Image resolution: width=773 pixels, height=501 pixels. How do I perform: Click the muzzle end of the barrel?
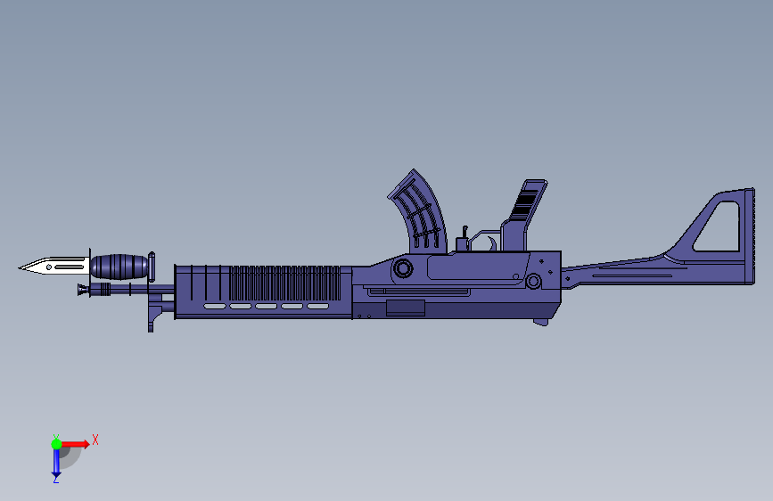pos(81,290)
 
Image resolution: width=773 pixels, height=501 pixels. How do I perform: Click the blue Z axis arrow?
pos(56,462)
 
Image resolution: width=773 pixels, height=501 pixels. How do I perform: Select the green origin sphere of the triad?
pos(56,444)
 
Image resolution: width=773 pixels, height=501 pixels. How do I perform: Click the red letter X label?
pos(95,439)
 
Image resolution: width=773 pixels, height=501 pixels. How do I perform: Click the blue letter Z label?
pos(55,480)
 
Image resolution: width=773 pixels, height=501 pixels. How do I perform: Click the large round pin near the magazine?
pos(404,267)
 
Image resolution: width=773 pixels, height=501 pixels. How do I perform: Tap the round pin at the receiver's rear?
pos(533,282)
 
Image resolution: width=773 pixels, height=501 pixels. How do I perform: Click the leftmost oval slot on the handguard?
pos(215,307)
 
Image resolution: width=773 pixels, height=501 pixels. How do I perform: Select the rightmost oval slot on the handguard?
pos(317,307)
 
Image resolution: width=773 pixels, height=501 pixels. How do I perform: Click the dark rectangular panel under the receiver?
pos(406,308)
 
